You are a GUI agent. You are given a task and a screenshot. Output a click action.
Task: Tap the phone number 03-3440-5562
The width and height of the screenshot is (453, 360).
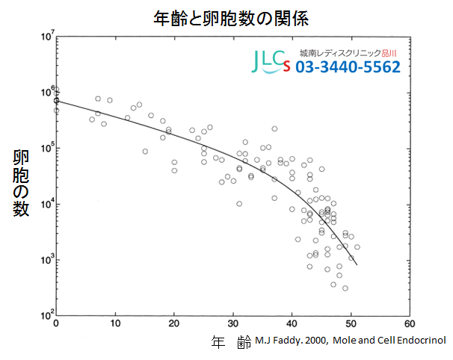348,68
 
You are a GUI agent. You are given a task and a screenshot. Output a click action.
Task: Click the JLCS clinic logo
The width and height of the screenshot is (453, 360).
271,61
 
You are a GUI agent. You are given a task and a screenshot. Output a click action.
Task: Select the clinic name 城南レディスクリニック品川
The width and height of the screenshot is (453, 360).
348,53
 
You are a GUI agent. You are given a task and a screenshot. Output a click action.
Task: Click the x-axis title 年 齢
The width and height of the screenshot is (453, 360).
231,342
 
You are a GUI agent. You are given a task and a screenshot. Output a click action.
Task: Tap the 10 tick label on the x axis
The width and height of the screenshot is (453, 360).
115,324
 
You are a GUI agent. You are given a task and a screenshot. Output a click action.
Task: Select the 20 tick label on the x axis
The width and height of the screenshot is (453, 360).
174,324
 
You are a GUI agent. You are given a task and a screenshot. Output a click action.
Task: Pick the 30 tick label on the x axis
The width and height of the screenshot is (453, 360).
233,324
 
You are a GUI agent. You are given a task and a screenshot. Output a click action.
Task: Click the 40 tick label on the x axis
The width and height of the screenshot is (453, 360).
292,324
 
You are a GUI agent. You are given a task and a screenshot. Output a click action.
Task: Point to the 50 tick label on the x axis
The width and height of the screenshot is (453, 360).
351,324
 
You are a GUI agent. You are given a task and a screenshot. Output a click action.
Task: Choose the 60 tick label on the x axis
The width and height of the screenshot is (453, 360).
410,324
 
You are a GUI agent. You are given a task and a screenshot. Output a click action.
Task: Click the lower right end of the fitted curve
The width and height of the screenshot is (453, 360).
357,264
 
